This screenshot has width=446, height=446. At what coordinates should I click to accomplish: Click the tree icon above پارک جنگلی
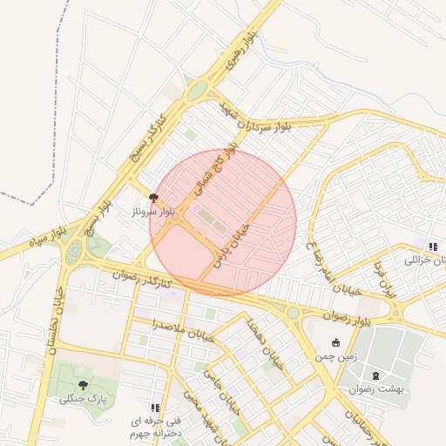pyautogui.click(x=83, y=383)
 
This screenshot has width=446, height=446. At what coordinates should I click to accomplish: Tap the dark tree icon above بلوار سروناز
pyautogui.click(x=154, y=198)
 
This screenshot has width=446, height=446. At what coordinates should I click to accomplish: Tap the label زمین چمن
pyautogui.click(x=336, y=356)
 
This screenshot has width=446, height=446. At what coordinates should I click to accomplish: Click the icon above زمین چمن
pyautogui.click(x=336, y=342)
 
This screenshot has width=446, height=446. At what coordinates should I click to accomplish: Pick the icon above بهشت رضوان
pyautogui.click(x=376, y=375)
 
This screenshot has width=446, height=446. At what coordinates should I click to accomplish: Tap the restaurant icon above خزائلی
pyautogui.click(x=433, y=247)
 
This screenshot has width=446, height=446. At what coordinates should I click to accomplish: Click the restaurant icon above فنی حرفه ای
pyautogui.click(x=155, y=407)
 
